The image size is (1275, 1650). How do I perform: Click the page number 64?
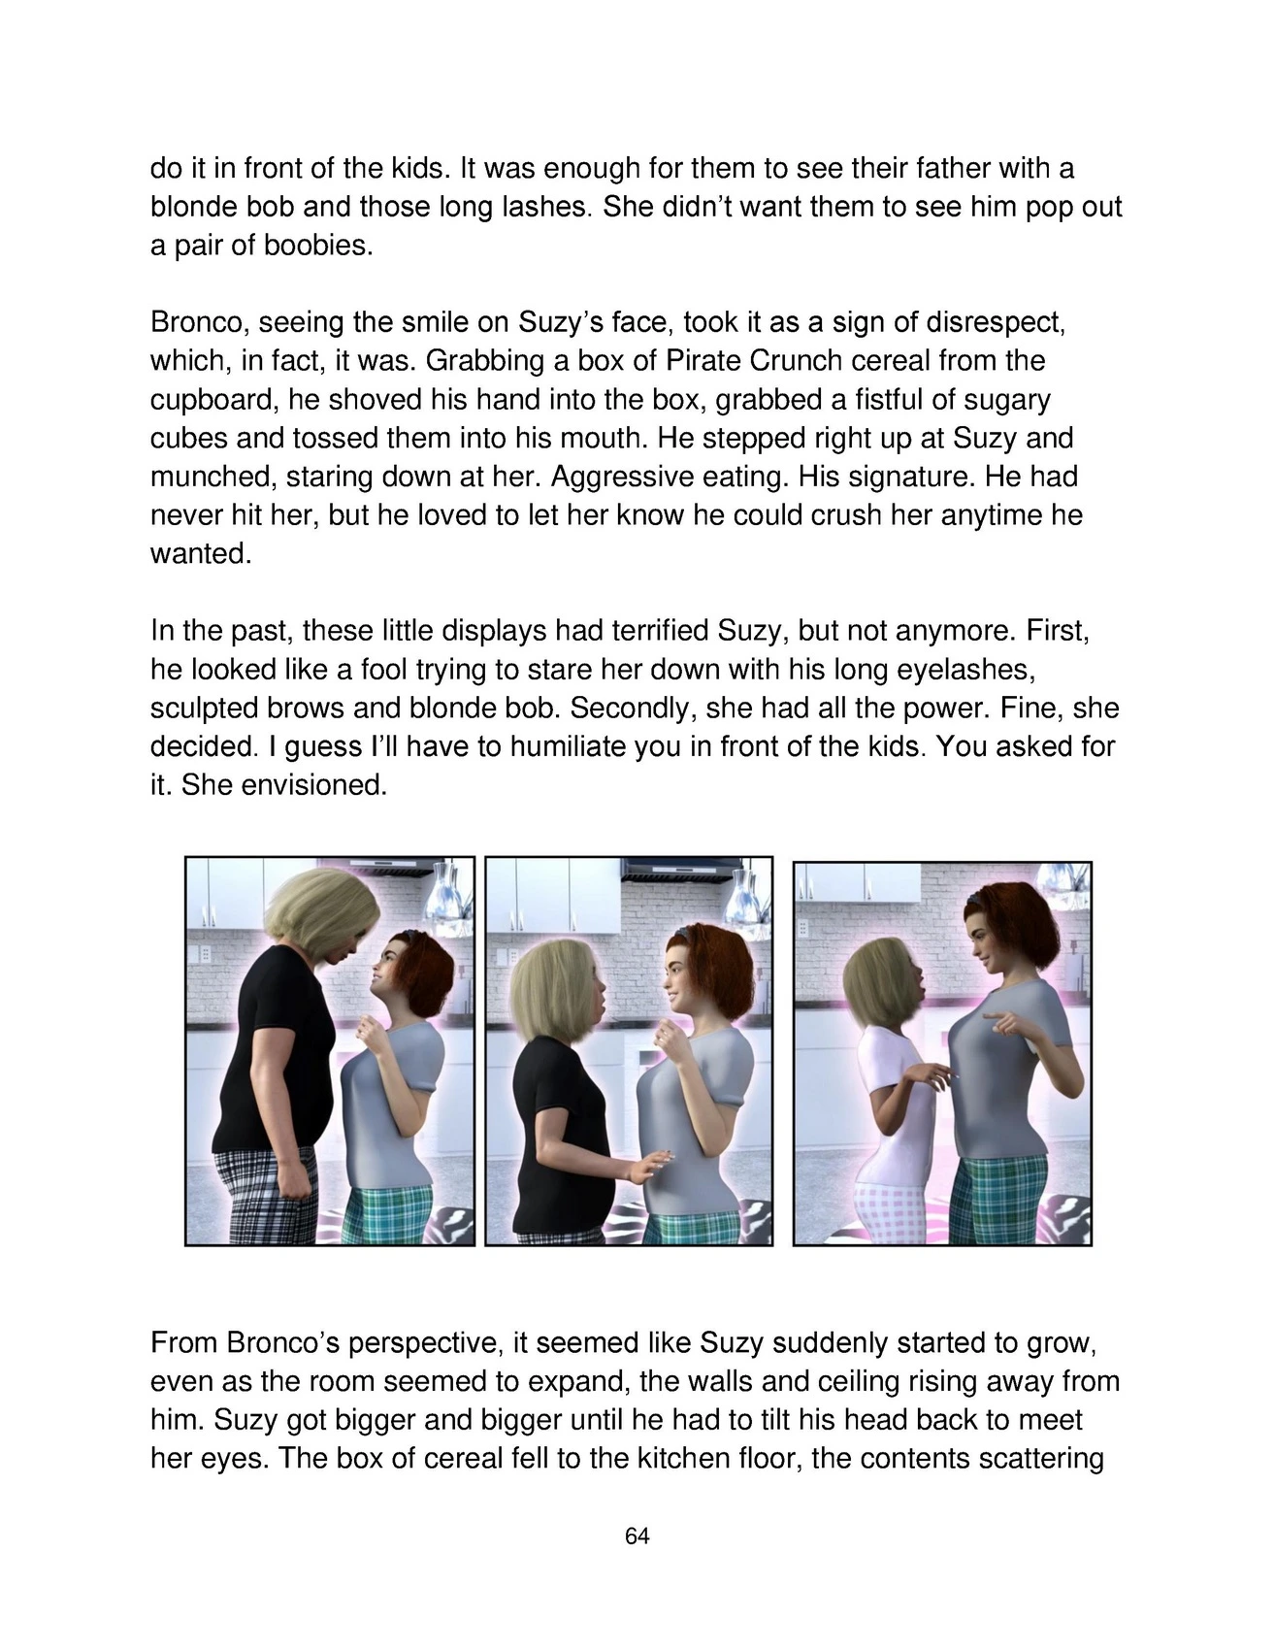637,1536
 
